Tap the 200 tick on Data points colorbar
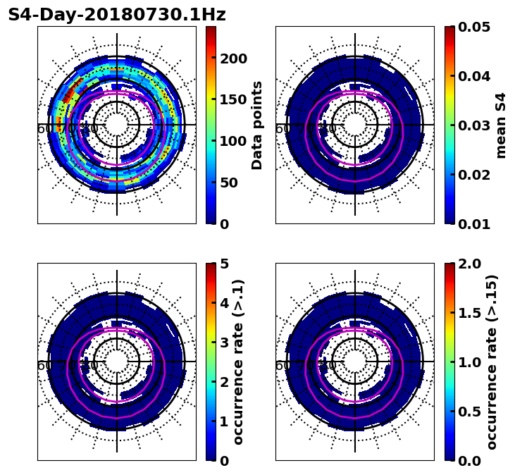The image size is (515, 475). (233, 58)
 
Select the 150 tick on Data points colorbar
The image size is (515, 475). (233, 99)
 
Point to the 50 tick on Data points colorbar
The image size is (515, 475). (229, 183)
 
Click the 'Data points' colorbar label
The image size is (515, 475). (257, 125)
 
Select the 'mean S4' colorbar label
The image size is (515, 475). (501, 125)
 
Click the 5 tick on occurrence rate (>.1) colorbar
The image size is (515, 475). (225, 264)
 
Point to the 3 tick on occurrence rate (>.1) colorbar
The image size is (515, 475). (225, 343)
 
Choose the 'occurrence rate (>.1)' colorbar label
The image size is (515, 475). (238, 362)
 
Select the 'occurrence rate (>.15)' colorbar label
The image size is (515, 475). (492, 362)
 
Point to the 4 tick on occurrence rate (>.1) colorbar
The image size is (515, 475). (225, 303)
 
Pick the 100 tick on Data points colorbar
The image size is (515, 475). (233, 141)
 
